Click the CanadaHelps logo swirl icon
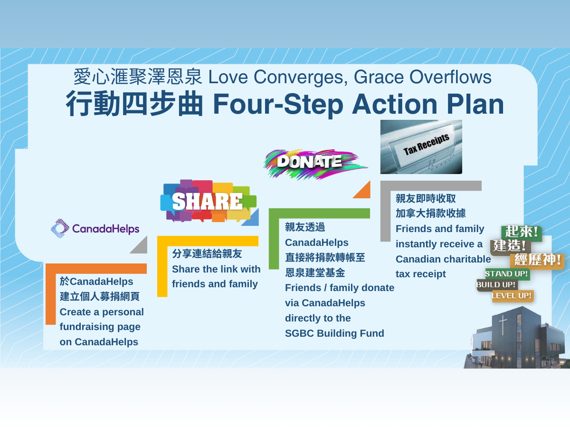coord(60,228)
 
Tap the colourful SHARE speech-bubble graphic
coord(208,201)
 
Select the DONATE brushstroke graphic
coord(315,164)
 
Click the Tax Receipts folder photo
coord(421,147)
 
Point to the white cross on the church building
coord(503,325)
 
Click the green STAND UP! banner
coord(507,274)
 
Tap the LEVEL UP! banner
coord(513,296)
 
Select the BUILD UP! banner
coord(496,285)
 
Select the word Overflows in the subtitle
coord(451,77)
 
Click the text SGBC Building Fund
coord(334,333)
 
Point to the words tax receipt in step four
coord(421,274)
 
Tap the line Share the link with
coord(216,269)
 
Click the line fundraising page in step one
coord(100,327)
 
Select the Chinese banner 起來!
coord(521,232)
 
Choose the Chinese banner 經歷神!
coord(537,260)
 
